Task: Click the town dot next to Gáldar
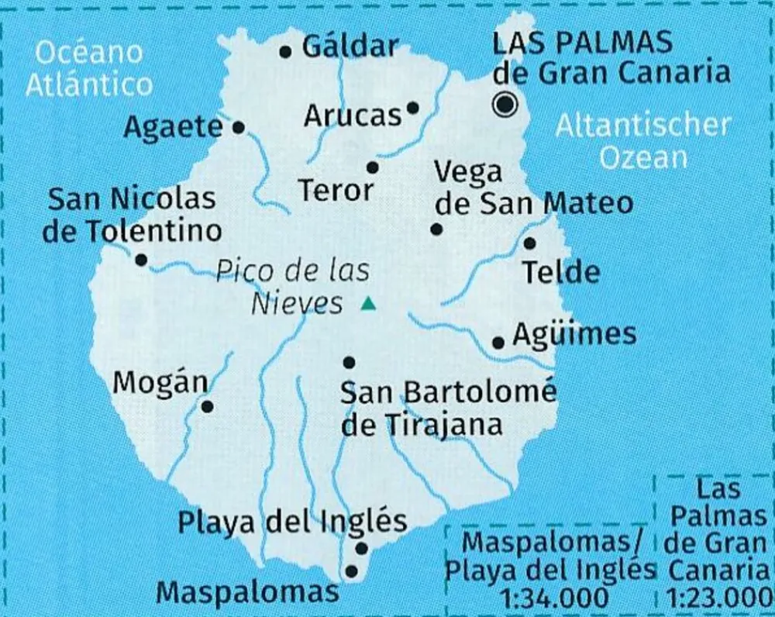(x=285, y=52)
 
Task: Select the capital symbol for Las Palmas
(x=507, y=104)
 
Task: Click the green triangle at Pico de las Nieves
(x=368, y=304)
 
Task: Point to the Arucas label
(x=353, y=115)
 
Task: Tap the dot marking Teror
(x=372, y=167)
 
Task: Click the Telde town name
(x=560, y=272)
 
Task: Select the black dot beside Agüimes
(x=498, y=342)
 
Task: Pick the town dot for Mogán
(x=207, y=406)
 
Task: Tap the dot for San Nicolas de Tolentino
(x=141, y=260)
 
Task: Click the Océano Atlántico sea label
(x=89, y=68)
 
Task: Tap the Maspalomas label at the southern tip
(x=248, y=593)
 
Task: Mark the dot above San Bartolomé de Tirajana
(x=349, y=362)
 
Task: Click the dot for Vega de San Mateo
(x=436, y=229)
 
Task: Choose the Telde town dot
(x=529, y=243)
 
